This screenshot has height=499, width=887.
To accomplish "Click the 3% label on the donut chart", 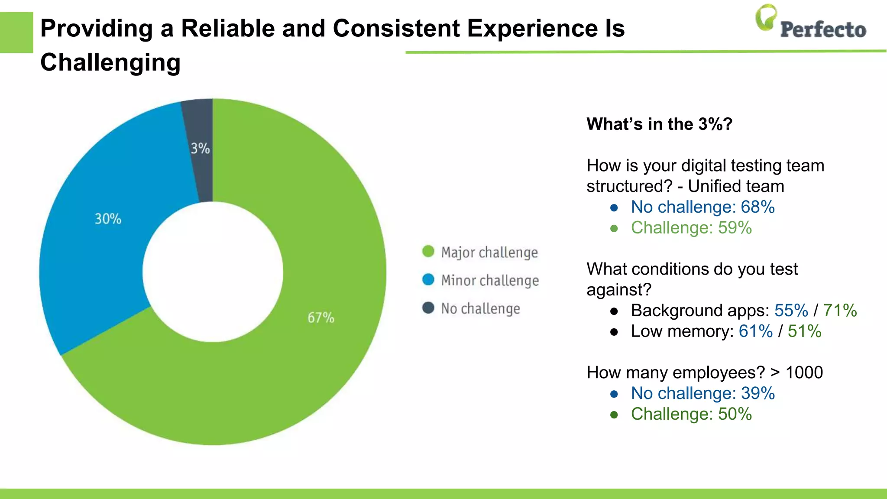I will point(200,149).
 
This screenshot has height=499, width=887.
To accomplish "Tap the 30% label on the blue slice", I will point(108,219).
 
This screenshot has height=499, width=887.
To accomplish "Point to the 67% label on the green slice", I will point(320,318).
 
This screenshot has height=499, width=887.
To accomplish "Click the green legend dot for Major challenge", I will point(428,251).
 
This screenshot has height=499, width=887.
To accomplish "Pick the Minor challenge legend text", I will point(490,280).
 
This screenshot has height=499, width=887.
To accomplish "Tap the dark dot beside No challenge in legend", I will point(428,308).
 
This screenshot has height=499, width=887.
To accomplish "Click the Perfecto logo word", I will point(822,29).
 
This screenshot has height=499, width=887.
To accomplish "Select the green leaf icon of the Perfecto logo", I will point(766,17).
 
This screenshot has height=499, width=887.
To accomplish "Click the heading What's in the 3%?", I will point(659,124).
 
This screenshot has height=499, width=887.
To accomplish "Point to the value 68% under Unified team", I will point(758,207).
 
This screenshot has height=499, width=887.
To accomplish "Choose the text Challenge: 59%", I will point(691,228).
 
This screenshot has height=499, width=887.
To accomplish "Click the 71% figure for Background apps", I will point(839,311).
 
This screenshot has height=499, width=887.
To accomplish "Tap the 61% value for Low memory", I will point(755,331).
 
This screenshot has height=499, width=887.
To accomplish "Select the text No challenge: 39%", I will point(702,393).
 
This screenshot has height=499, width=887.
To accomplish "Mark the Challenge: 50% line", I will point(691,414).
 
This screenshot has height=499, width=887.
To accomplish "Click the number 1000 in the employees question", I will point(804,373).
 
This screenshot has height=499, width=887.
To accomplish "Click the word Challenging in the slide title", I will point(110,62).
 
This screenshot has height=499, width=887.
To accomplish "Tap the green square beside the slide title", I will point(16,32).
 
